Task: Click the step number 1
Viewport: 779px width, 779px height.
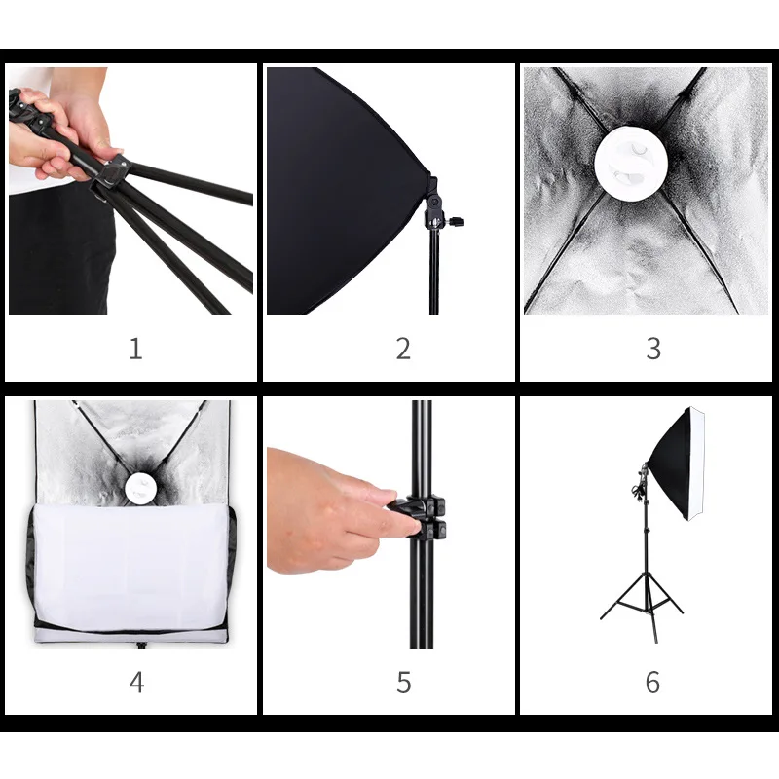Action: click(135, 349)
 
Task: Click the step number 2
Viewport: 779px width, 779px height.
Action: click(403, 349)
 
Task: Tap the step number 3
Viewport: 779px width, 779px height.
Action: click(653, 349)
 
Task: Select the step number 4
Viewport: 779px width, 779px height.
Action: click(135, 682)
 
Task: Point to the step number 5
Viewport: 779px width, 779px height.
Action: click(403, 682)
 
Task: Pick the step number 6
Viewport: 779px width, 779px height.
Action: click(653, 682)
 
